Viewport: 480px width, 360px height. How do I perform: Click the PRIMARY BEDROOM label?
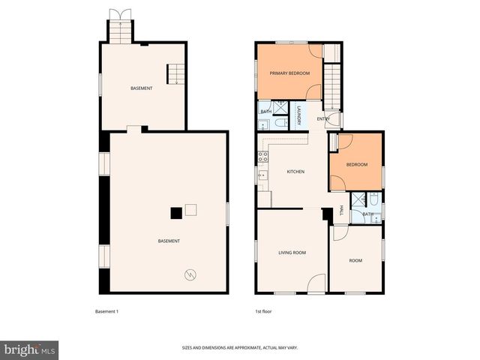[289, 73]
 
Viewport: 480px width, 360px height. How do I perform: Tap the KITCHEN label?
[295, 172]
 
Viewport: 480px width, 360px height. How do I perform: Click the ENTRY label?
[323, 118]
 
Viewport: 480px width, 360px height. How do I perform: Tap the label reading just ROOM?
[355, 260]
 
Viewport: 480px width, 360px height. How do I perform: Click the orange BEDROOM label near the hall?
[356, 164]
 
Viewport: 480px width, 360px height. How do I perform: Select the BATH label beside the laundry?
[266, 112]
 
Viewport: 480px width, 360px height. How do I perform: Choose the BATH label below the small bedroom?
[367, 214]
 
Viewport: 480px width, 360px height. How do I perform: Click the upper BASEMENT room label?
[141, 88]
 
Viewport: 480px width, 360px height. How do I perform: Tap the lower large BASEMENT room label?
[169, 241]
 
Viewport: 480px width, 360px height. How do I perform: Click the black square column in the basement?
[175, 213]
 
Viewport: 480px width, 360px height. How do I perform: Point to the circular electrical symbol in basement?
[190, 274]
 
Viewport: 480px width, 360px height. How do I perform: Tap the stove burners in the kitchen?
[263, 157]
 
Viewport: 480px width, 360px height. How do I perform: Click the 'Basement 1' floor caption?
[106, 311]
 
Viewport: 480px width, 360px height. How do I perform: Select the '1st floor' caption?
[262, 311]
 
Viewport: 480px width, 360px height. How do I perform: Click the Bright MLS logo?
[30, 349]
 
